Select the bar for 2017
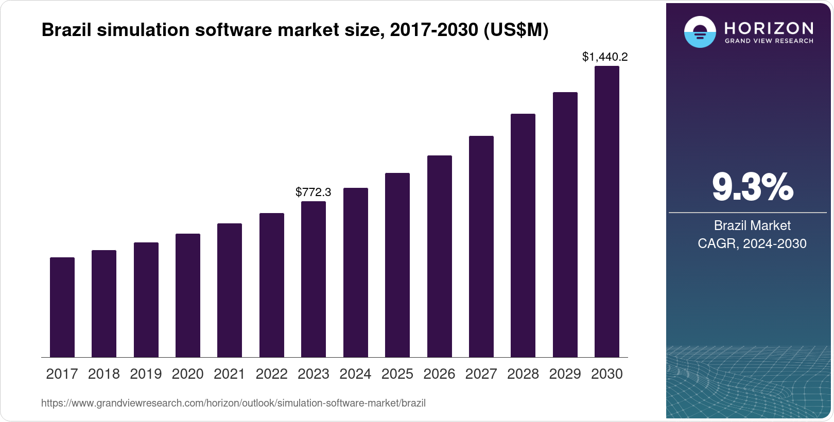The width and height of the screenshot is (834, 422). point(62,307)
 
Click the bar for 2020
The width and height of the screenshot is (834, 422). point(188,295)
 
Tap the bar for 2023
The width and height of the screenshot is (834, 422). point(314,279)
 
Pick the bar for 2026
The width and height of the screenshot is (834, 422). point(440,256)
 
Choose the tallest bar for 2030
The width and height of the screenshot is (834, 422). point(607,212)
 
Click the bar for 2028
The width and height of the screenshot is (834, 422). point(523,235)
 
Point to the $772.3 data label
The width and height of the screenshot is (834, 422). point(314,192)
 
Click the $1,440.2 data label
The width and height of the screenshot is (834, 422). point(605,57)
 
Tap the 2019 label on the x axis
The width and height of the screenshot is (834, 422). point(146,374)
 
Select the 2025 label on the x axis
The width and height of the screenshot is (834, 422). point(397,374)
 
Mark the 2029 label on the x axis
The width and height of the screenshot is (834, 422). point(565,374)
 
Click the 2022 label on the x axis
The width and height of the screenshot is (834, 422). point(271,374)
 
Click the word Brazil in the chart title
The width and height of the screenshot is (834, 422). point(66,30)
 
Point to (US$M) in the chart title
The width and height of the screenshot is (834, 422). point(516,30)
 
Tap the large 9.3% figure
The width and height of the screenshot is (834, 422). point(752,187)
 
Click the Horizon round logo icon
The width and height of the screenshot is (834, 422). point(700,32)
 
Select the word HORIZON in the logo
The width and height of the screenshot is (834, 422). point(769,28)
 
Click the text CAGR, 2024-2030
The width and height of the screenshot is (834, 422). point(752,243)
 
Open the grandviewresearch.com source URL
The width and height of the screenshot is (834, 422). point(233,403)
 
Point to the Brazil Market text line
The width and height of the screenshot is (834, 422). point(752,225)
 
